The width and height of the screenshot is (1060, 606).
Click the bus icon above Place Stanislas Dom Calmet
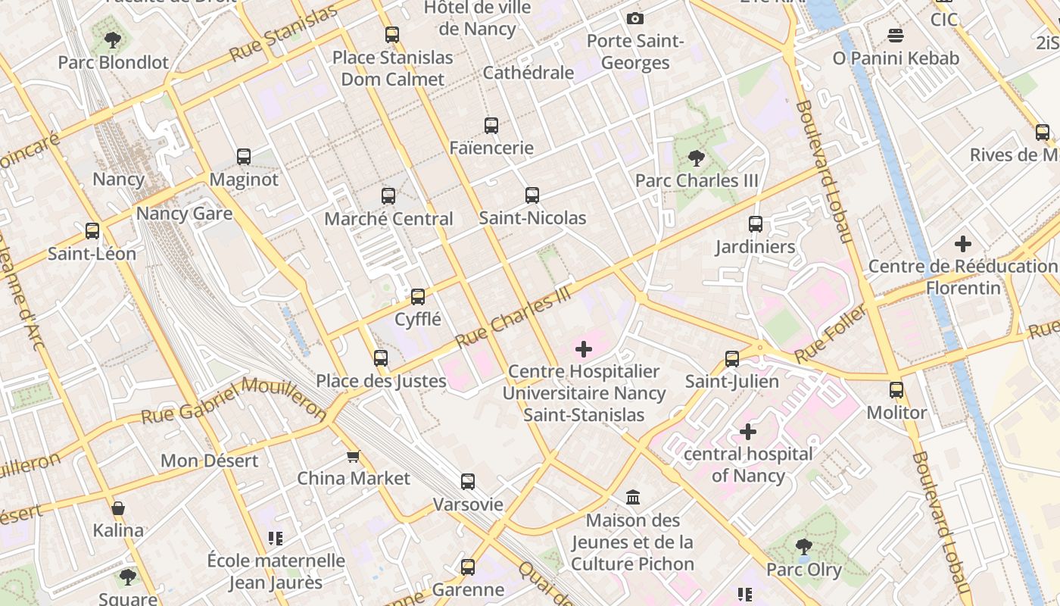tap(391, 34)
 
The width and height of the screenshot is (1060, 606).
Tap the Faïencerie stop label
tap(491, 148)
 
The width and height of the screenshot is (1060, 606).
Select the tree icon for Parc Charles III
tap(697, 158)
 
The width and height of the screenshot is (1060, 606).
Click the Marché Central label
tap(388, 219)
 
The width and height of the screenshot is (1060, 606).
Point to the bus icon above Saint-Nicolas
tap(532, 195)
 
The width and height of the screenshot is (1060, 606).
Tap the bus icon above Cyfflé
tap(418, 296)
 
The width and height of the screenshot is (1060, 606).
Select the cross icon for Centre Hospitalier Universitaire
tap(584, 349)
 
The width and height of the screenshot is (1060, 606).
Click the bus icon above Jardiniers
tap(756, 224)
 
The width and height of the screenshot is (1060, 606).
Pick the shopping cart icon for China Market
tap(353, 456)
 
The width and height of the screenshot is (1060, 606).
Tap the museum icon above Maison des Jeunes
tap(633, 498)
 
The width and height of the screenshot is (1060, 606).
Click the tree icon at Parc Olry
tap(804, 546)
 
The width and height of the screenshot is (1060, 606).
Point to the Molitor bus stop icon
tap(896, 390)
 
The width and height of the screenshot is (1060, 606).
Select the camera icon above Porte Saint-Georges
tap(635, 18)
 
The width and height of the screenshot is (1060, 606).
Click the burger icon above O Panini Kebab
tap(896, 35)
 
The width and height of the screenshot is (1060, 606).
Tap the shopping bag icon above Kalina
tap(118, 508)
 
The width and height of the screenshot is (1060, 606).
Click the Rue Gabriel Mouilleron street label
tap(234, 401)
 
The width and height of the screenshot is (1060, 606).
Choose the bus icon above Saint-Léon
tap(92, 231)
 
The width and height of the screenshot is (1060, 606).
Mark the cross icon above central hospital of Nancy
tap(748, 432)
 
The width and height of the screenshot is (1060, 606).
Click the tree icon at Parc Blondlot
tap(113, 39)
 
